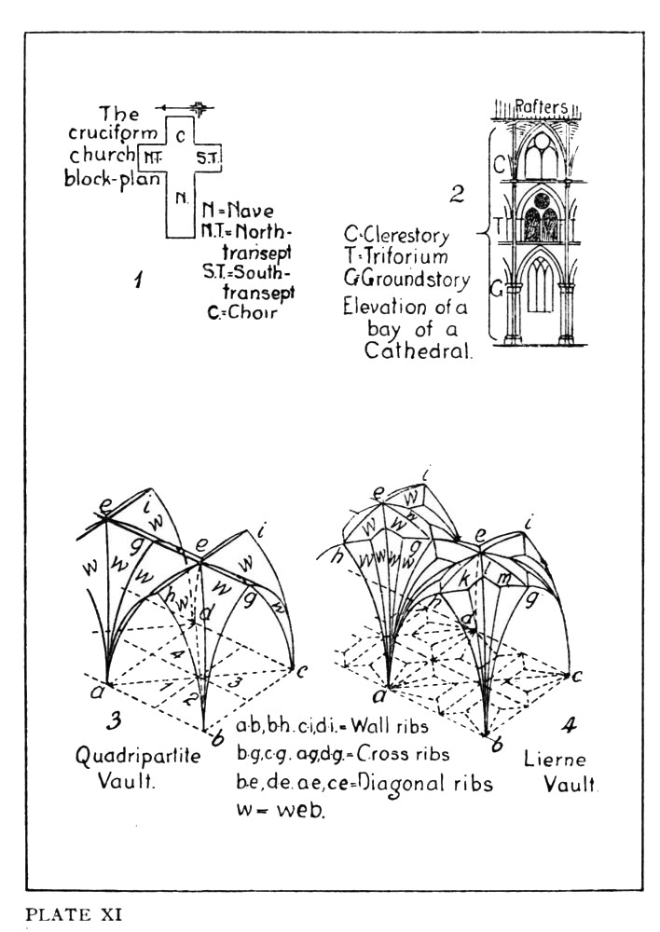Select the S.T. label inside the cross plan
coord(207,158)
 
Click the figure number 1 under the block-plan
coord(136,279)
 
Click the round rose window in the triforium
coord(541,200)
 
